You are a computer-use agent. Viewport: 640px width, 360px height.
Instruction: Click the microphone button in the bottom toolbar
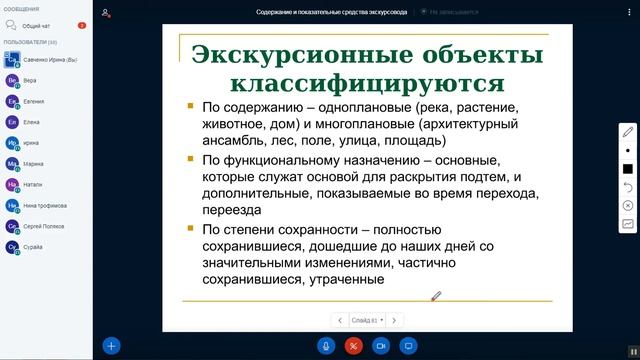325,345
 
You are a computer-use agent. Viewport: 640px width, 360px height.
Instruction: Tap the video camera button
380,345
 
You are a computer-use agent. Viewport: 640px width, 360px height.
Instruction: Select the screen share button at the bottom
407,345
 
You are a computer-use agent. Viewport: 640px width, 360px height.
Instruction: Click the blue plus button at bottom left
112,345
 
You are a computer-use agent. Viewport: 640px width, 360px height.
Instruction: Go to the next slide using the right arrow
394,320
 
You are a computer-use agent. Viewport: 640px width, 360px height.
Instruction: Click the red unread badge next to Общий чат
82,25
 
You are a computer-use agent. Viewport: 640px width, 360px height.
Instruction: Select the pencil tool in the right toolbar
628,131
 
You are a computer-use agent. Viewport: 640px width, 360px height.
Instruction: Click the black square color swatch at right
628,169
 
